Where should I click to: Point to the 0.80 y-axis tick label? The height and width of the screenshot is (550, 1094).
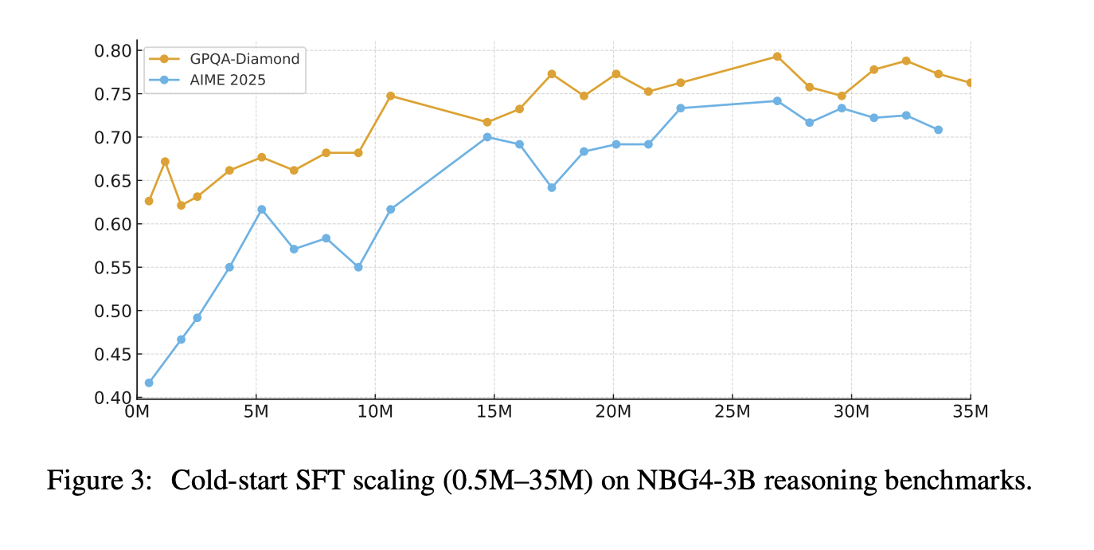[112, 50]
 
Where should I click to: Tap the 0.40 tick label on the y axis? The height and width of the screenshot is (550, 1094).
[112, 397]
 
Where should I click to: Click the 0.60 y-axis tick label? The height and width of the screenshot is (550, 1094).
[112, 224]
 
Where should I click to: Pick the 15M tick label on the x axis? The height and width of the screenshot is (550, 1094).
[494, 413]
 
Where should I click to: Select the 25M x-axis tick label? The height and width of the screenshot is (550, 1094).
[732, 413]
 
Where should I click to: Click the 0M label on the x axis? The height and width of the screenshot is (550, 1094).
[137, 413]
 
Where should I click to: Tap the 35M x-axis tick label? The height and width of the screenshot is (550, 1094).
[970, 413]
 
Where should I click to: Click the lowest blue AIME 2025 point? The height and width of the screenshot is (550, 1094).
[149, 383]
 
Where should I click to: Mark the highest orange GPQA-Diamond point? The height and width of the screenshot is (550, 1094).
[777, 57]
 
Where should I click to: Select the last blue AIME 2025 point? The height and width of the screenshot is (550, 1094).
[938, 130]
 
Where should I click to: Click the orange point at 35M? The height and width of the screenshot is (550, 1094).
[970, 83]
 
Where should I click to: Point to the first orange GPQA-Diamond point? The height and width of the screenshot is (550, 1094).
[149, 201]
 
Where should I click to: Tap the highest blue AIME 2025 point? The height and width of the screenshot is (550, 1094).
[777, 101]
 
